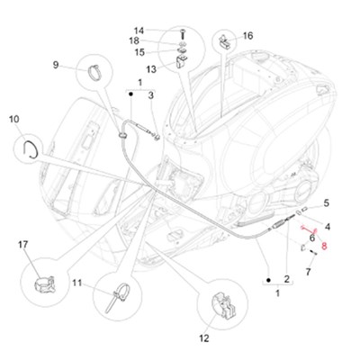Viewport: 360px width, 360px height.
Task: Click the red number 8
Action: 324,247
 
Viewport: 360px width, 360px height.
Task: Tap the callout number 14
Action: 139,31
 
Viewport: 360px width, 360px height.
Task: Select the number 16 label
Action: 247,36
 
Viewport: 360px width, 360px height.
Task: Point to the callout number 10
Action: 14,119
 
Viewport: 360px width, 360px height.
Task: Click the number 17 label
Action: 22,245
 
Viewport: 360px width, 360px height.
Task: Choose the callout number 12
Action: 204,338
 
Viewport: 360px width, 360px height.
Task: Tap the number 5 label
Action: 326,203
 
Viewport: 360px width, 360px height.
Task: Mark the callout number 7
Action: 308,272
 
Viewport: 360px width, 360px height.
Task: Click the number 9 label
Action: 56,65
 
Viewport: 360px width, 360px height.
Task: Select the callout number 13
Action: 151,69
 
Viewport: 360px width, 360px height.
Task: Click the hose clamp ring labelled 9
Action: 95,73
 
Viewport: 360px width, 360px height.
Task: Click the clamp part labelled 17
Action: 45,285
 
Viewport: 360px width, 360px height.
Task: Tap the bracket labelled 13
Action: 181,61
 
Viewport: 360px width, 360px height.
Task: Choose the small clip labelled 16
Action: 225,40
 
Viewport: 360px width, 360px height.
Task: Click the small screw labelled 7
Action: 313,252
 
